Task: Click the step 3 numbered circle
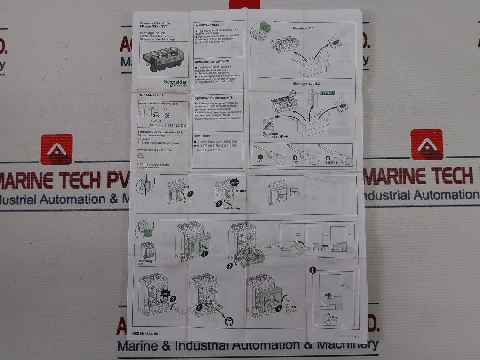point(173,298)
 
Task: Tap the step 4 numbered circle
point(200,307)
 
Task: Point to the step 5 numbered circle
point(279,308)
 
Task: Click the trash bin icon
point(229,322)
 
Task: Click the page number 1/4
point(356,336)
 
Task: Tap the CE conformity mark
point(166,113)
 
